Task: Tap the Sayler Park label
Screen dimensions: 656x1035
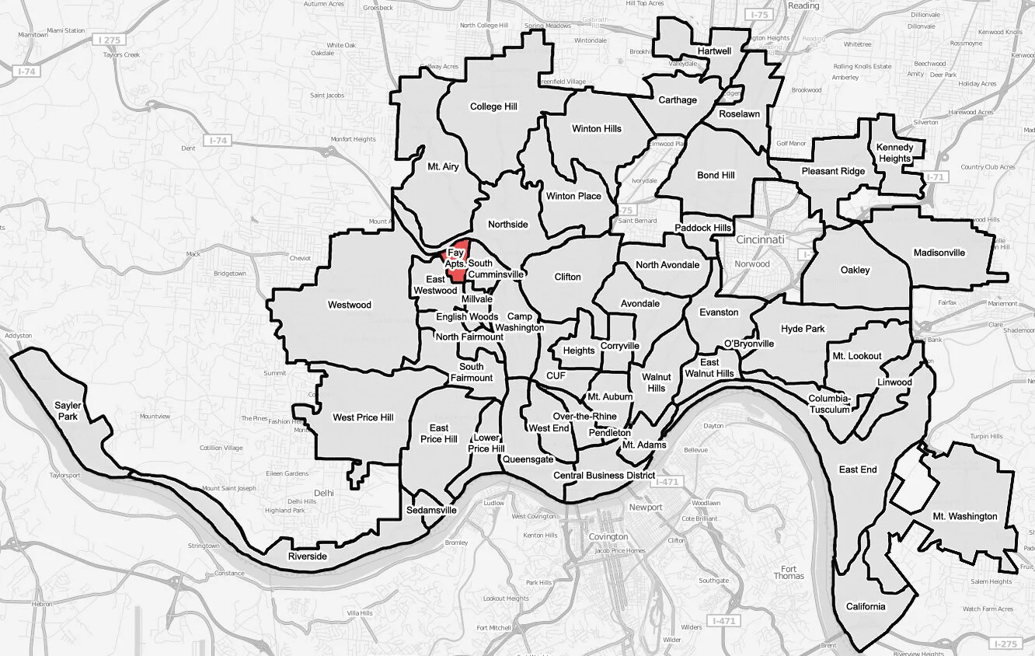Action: (68, 411)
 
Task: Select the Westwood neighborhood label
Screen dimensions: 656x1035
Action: (350, 305)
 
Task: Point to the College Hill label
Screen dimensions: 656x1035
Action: (493, 106)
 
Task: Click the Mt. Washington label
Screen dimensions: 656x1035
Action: (965, 516)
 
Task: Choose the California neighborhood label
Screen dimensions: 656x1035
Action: (865, 607)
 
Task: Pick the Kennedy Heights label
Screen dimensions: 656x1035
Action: (894, 153)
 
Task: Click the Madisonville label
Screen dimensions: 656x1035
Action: (939, 253)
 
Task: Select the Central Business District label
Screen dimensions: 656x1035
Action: (604, 475)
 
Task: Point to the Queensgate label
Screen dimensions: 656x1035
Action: (528, 459)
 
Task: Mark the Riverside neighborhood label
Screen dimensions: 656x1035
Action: (308, 557)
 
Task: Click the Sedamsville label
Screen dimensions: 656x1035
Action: (431, 511)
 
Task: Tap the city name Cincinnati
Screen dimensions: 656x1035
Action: (761, 239)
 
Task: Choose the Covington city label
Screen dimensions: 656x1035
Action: (608, 537)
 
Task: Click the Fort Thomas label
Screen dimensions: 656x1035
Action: (789, 571)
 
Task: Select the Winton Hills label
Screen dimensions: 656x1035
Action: (597, 128)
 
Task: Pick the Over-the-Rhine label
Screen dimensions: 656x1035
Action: (584, 417)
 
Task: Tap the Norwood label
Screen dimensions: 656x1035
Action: (753, 263)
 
